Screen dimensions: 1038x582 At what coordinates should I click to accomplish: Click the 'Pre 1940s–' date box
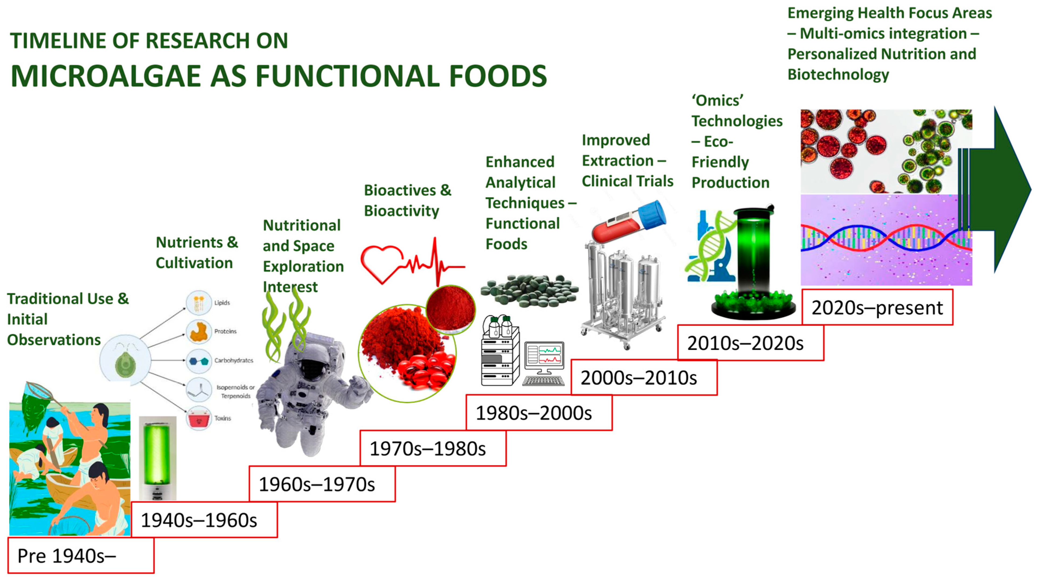pos(81,555)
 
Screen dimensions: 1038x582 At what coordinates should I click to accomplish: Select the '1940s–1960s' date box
pos(204,520)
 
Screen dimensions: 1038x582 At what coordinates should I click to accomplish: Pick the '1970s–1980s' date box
pos(433,448)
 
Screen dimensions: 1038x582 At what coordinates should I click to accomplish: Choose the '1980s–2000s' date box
pos(539,412)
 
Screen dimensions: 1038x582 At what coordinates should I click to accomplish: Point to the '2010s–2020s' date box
pos(751,342)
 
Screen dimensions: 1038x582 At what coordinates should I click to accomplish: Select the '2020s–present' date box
pos(877,307)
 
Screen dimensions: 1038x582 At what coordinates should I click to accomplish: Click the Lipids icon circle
pos(199,303)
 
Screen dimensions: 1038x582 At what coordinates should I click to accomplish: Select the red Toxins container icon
pos(199,418)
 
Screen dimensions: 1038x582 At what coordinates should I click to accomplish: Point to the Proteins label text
pos(225,331)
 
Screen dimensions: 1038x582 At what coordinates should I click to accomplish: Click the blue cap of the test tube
pos(652,214)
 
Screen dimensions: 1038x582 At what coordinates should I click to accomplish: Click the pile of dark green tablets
pos(529,290)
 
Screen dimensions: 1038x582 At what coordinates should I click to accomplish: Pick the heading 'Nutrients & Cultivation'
pos(197,253)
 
